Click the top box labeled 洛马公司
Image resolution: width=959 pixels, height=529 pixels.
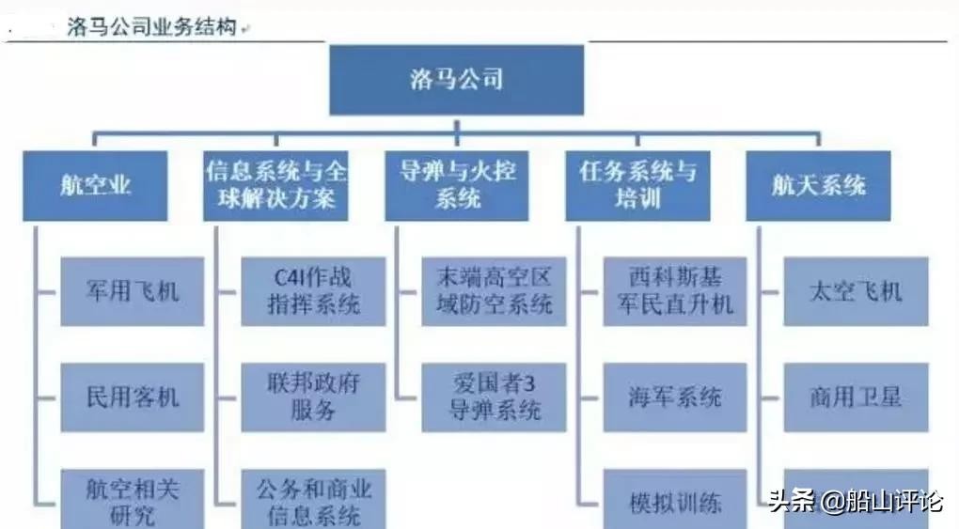(456, 80)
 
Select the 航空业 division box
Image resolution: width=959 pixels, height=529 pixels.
(95, 186)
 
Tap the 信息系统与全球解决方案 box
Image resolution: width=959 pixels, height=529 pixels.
(275, 186)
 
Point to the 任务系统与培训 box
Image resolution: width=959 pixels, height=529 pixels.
(638, 186)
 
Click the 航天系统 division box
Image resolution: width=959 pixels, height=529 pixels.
(819, 186)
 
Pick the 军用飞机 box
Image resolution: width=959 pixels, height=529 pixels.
(133, 291)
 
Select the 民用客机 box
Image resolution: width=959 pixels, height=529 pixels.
(133, 397)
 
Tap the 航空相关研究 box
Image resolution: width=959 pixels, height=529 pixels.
(133, 500)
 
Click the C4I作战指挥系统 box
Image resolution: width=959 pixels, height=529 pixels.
(313, 291)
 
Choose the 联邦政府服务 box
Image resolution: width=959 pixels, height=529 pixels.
(313, 397)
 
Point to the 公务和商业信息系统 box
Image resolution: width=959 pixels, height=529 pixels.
(313, 500)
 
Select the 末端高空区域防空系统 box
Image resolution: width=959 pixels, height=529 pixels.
(494, 291)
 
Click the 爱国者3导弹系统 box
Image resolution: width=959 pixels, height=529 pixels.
(494, 397)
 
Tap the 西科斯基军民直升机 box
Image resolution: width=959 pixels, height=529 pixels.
(675, 291)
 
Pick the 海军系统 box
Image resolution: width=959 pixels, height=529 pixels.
(675, 397)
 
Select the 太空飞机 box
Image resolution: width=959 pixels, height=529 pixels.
(856, 291)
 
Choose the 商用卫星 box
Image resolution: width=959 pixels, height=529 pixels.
(856, 397)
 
